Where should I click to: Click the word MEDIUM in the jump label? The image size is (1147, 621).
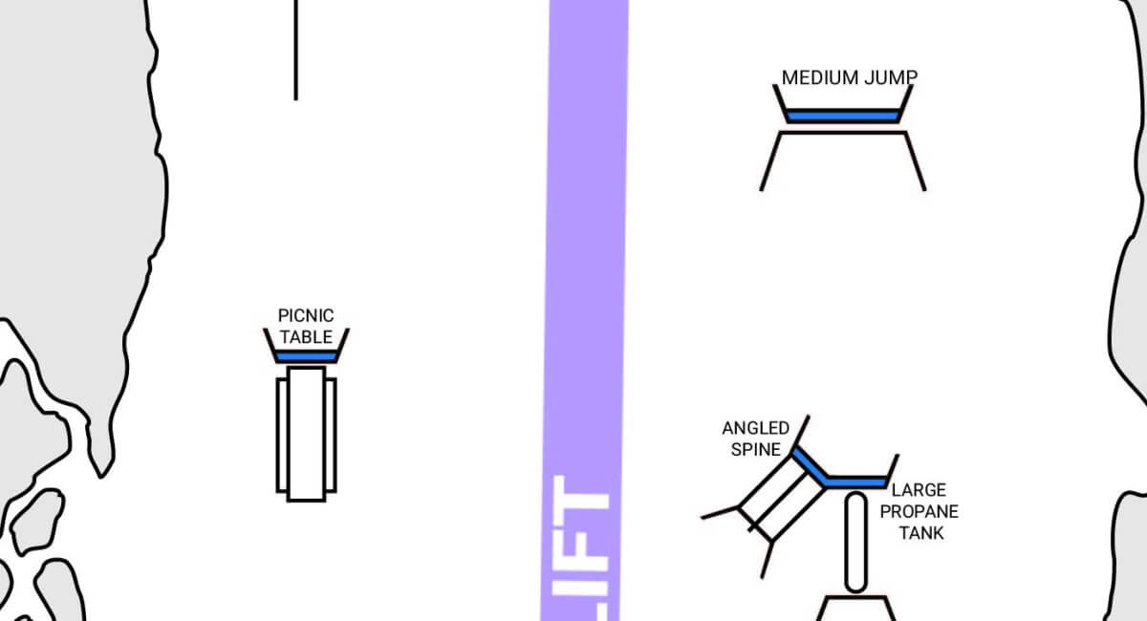point(820,77)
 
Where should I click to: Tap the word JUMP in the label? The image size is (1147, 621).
point(891,77)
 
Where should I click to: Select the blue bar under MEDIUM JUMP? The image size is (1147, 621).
point(842,117)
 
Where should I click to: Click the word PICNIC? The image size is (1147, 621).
point(306,315)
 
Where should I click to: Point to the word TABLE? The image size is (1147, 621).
point(306,337)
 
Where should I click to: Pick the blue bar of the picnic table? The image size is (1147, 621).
point(306,356)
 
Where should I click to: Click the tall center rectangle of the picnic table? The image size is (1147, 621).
point(306,434)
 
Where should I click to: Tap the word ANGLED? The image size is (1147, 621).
point(756,428)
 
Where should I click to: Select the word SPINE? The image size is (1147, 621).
point(756,449)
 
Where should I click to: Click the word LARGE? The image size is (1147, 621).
point(919,490)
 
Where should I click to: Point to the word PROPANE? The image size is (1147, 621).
point(920,511)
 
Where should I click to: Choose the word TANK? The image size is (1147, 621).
point(921,533)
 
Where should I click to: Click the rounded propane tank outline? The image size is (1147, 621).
point(846,542)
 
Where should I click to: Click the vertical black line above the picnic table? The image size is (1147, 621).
point(296,51)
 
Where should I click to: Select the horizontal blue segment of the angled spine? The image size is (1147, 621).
point(856,482)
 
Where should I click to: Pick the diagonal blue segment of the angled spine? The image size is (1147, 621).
point(810,466)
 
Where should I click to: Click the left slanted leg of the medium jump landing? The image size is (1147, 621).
point(770,161)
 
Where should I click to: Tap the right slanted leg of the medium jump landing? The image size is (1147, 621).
point(915,161)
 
